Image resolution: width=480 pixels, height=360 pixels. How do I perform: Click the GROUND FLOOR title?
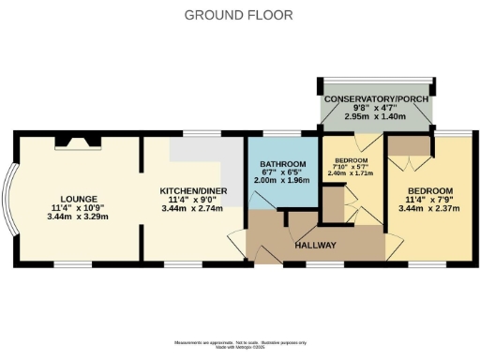(239, 14)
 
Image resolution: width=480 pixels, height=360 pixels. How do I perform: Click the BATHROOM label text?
(281, 164)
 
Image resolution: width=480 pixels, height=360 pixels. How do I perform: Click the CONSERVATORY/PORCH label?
(376, 100)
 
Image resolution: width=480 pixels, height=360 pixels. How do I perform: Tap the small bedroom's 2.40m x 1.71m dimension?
(351, 174)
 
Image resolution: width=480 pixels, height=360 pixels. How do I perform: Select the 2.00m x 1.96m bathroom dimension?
(281, 181)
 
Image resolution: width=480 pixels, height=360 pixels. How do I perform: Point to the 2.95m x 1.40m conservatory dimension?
(376, 120)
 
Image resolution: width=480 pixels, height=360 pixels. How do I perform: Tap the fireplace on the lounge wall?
(76, 142)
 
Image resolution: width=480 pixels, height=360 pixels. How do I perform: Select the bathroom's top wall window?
(281, 134)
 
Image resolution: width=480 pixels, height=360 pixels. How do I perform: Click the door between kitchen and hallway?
(237, 240)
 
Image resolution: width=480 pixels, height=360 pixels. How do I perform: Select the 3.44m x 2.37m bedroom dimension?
(431, 209)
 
